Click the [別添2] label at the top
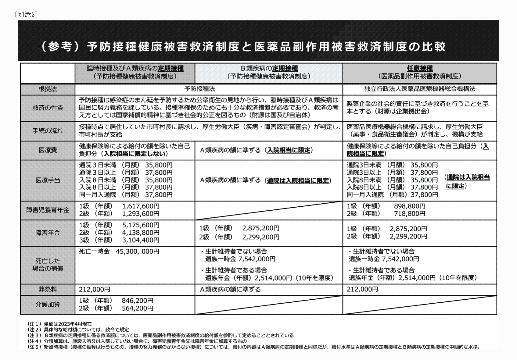pos(26,15)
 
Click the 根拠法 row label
pos(48,89)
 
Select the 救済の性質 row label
pos(48,108)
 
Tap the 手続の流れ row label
pos(48,131)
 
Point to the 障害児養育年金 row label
pos(48,210)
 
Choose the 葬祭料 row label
pos(48,289)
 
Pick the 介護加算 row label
pos(48,304)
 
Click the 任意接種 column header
pos(420,69)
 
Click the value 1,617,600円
pos(141,206)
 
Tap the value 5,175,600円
pos(141,225)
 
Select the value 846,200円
pos(137,301)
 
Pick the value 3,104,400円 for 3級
pos(141,240)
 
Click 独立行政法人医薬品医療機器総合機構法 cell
pos(420,89)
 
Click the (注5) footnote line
pos(253,347)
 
